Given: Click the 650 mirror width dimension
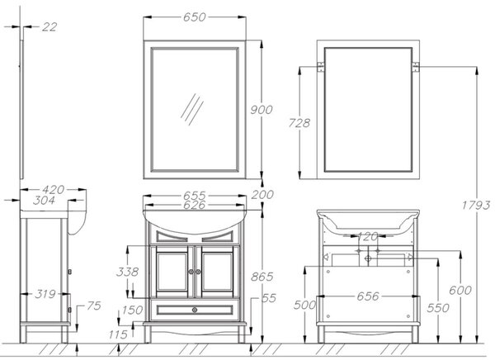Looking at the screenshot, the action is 195,17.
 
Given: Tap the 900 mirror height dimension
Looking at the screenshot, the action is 262,110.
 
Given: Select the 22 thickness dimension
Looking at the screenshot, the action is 49,27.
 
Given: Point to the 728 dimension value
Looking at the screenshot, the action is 299,123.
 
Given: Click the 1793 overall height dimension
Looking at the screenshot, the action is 476,206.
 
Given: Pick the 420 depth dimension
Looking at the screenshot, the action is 54,190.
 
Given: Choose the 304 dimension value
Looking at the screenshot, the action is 44,200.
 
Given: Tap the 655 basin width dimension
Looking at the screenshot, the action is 195,196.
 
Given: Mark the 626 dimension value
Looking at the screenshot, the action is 195,205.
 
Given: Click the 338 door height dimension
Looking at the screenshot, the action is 128,272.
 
